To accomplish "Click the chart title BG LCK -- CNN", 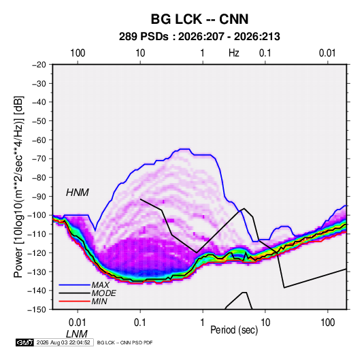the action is (199, 19).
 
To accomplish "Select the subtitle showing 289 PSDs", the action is (199, 37).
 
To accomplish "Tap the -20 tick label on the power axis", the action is (39, 65).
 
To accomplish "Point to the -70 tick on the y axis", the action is (39, 159).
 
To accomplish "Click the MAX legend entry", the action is (100, 284).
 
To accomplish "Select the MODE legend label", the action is (104, 293).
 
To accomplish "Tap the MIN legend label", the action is (99, 301).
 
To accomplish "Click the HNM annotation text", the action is (78, 193).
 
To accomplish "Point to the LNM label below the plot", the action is (77, 334).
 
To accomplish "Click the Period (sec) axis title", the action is (234, 329).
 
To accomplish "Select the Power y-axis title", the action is (18, 186).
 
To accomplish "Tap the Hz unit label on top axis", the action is (234, 53).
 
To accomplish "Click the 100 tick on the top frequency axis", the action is (78, 53).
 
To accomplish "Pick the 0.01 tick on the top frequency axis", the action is (327, 53).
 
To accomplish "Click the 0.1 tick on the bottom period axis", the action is (140, 323).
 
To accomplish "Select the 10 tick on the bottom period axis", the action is (265, 323).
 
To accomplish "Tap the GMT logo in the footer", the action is (24, 342).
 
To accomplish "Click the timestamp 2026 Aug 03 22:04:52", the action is (63, 342).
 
